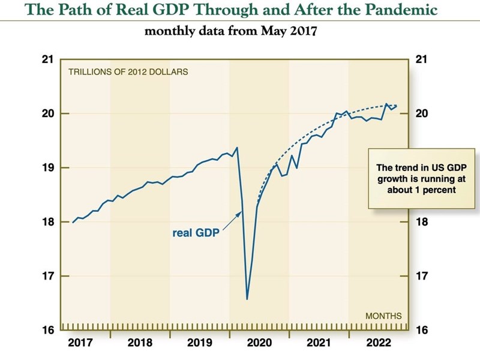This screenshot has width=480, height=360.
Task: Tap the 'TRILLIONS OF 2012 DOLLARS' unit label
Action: pyautogui.click(x=128, y=72)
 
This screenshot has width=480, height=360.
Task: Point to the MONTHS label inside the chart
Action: pyautogui.click(x=383, y=316)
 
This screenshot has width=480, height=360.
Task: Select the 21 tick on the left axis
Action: pyautogui.click(x=47, y=60)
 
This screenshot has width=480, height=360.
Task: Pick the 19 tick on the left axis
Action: pyautogui.click(x=47, y=168)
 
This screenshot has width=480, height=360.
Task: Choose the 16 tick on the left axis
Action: pyautogui.click(x=47, y=331)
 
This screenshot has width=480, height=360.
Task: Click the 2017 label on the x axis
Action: pyautogui.click(x=80, y=344)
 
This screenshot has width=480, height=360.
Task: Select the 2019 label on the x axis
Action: pyautogui.click(x=200, y=344)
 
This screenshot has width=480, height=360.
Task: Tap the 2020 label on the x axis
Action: pyautogui.click(x=259, y=344)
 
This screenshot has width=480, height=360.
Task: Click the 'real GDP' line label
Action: pyautogui.click(x=196, y=233)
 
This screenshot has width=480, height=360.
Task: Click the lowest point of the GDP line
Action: pyautogui.click(x=247, y=299)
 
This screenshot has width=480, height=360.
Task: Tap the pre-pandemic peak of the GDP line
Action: pyautogui.click(x=237, y=148)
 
